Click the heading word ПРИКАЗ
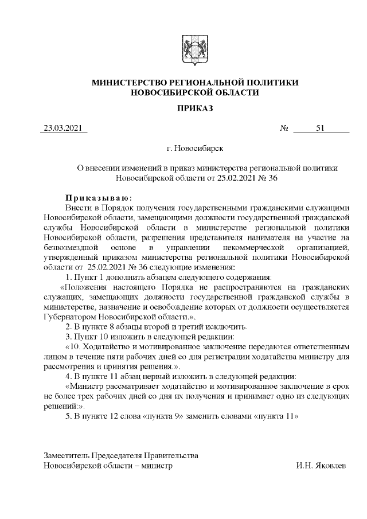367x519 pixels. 195,107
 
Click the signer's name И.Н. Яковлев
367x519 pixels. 321,466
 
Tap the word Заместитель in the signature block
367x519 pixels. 68,455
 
